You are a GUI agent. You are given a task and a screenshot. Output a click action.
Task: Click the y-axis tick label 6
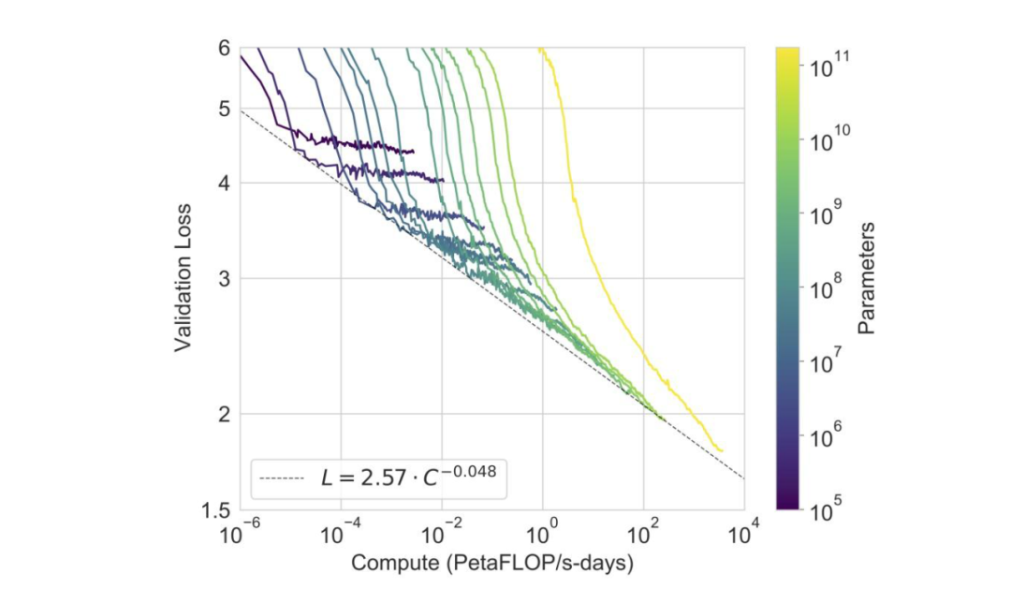pyautogui.click(x=223, y=48)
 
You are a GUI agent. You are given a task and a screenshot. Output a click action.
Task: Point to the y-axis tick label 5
pyautogui.click(x=223, y=109)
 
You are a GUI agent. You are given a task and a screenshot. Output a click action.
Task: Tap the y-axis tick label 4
pyautogui.click(x=223, y=183)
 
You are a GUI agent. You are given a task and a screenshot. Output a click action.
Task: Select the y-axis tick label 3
pyautogui.click(x=223, y=278)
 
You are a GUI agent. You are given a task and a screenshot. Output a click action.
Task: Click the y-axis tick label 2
pyautogui.click(x=223, y=414)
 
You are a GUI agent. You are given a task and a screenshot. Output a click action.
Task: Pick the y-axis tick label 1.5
pyautogui.click(x=216, y=511)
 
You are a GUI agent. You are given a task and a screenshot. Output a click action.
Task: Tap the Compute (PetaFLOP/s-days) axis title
pyautogui.click(x=492, y=564)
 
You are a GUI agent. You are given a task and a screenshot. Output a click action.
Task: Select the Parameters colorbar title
pyautogui.click(x=866, y=278)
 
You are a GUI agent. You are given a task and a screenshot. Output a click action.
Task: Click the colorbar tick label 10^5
pyautogui.click(x=828, y=511)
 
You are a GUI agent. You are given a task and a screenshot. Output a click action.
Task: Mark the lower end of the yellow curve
pyautogui.click(x=722, y=450)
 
